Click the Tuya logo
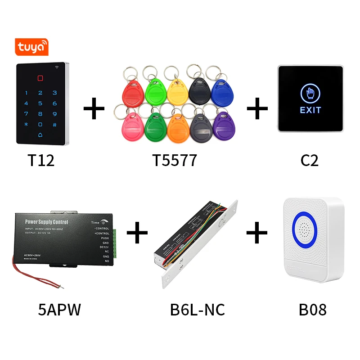[31, 47]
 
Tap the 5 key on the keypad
[40, 103]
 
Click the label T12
[41, 161]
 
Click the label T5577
[175, 161]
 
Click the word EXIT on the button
[310, 110]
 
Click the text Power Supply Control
[47, 222]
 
